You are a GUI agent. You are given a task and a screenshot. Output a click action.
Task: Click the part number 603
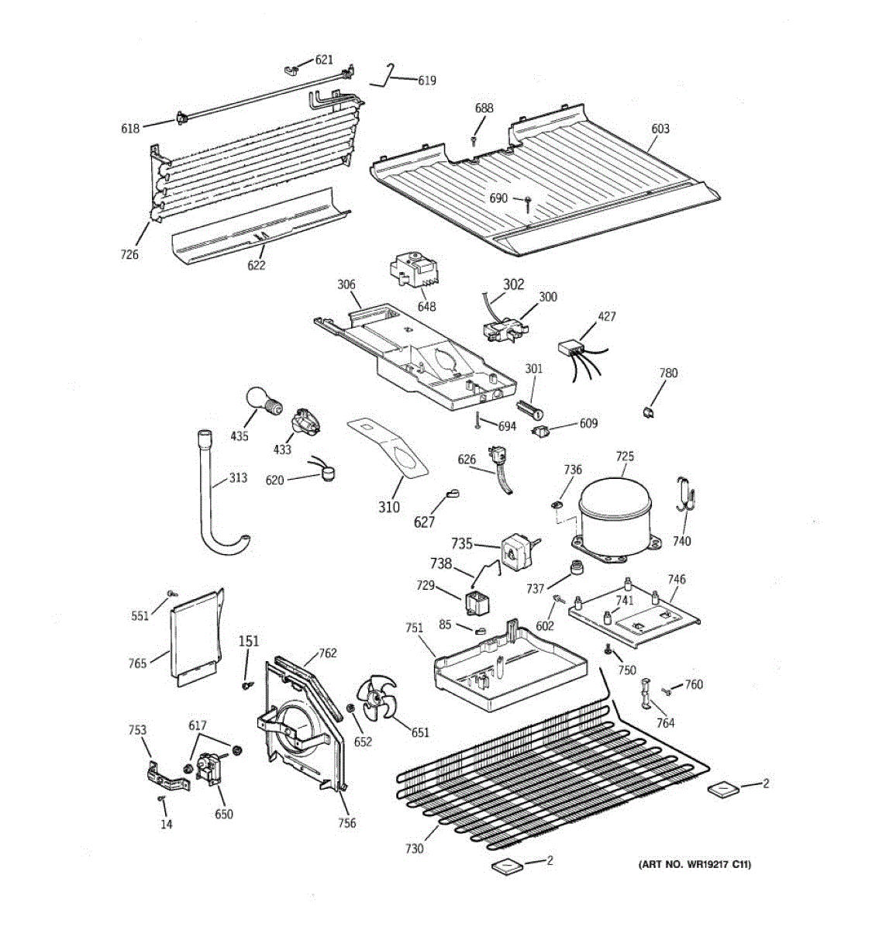click(660, 129)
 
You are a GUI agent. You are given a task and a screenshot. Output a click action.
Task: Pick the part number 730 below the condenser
click(415, 849)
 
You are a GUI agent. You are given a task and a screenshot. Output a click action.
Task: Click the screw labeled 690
click(526, 203)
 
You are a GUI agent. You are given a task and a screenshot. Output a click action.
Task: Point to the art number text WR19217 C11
click(694, 864)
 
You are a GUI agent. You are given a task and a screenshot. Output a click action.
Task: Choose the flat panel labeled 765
click(194, 635)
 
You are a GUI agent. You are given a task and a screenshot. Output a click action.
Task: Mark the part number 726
click(129, 254)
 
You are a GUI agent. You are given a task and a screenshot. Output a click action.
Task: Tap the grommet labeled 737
click(575, 570)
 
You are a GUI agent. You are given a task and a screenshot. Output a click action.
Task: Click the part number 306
click(346, 284)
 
